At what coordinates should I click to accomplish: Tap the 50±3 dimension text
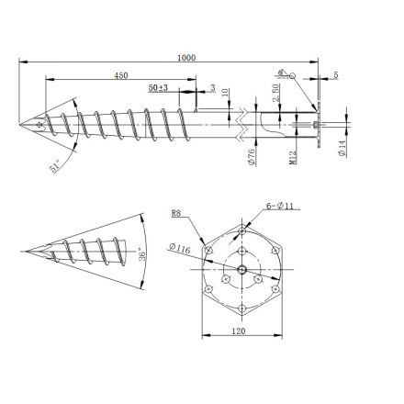tap(159, 87)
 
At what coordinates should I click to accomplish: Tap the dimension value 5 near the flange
tap(336, 75)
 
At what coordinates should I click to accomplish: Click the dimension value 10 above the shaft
tap(226, 95)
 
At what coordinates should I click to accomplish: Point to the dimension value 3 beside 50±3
tap(212, 87)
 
